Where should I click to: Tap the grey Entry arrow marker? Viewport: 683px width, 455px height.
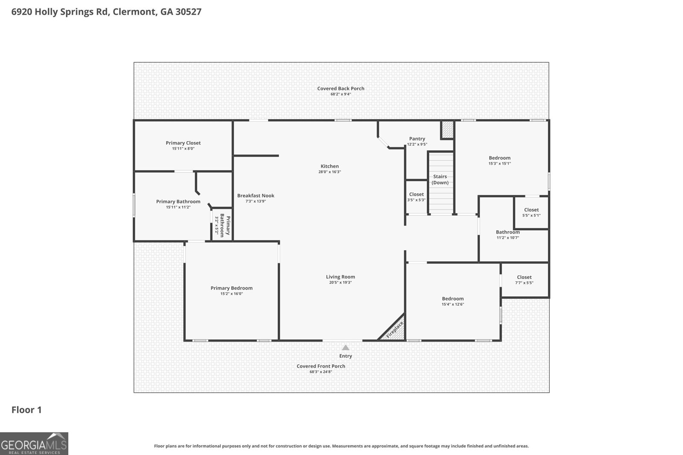point(345,348)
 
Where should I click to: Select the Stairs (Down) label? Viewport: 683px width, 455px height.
point(440,180)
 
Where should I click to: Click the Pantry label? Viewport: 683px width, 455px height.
point(417,139)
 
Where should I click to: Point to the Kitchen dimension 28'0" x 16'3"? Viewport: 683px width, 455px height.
point(330,172)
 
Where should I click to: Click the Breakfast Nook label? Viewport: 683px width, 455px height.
point(256,196)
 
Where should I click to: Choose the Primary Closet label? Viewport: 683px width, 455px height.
point(183,143)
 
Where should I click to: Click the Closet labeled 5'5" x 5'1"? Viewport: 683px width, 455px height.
point(531,212)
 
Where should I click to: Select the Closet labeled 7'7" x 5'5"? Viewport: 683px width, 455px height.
point(524,279)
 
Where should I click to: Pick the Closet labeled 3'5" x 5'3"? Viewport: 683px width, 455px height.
point(416,197)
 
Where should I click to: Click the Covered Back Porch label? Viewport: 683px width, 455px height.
point(341,89)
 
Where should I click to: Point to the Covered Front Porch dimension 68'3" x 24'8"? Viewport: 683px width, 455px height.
point(321,372)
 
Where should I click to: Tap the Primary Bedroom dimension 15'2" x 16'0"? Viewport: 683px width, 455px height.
point(231,293)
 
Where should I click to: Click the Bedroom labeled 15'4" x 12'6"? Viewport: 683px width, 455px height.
point(452,301)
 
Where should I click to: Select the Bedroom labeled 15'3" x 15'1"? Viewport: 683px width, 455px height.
point(499,160)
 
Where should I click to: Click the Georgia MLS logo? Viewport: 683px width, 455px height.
point(34,443)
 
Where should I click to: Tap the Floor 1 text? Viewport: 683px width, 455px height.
point(26,410)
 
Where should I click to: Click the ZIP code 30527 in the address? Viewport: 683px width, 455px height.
point(187,12)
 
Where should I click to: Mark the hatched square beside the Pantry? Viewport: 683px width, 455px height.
point(447,130)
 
